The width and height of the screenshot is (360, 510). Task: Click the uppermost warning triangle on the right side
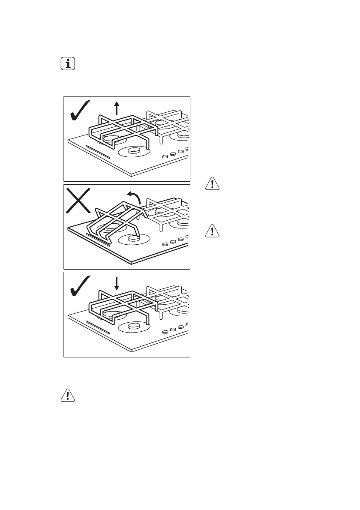point(212,183)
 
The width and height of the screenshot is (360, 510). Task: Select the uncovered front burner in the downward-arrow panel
point(133,327)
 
